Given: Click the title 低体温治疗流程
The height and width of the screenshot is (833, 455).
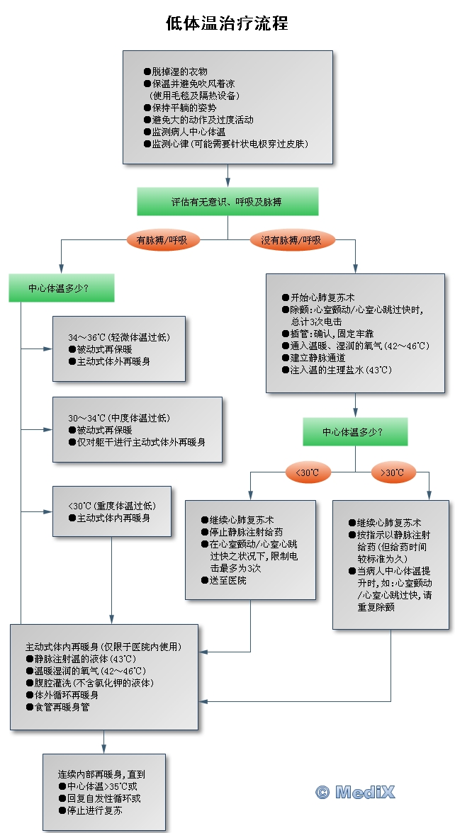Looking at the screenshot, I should coord(227,23).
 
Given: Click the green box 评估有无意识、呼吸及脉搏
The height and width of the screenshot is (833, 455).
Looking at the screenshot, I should coord(227,202).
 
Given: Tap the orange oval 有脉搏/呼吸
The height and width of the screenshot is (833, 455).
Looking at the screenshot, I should coord(162,240).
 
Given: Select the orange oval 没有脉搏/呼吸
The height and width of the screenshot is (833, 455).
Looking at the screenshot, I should coord(291,240).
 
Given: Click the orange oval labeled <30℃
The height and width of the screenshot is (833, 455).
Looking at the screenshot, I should coord(308,472).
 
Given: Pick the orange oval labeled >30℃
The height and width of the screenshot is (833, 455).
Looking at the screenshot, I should coord(393,472).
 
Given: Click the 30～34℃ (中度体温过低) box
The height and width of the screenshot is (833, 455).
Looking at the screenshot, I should coord(137,430).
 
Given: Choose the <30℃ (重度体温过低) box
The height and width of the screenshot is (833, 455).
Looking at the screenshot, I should coord(112,511).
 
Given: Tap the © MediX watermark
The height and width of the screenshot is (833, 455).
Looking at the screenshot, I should coord(355,792).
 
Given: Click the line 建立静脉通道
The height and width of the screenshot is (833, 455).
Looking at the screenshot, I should coord(315,358).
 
